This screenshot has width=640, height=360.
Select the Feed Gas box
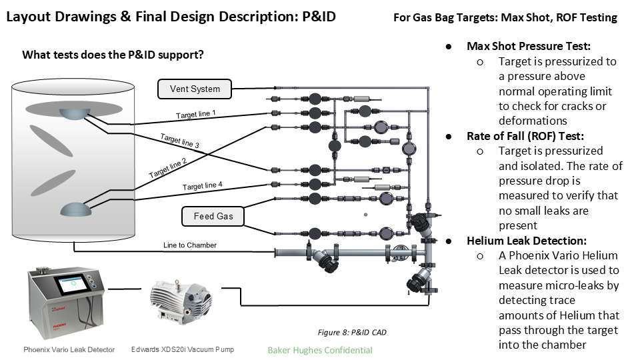[x=213, y=217]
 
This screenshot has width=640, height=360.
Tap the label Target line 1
[x=195, y=115]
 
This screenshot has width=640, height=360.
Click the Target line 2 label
[x=167, y=167]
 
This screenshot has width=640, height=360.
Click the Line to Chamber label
[x=190, y=245]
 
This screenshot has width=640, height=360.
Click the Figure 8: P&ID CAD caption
[x=351, y=332]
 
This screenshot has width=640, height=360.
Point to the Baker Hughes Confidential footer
[x=320, y=350]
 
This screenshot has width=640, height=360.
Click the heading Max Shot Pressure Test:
[x=529, y=46]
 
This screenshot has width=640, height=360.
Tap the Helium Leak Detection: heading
[x=527, y=240]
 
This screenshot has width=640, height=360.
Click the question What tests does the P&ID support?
[x=113, y=55]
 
